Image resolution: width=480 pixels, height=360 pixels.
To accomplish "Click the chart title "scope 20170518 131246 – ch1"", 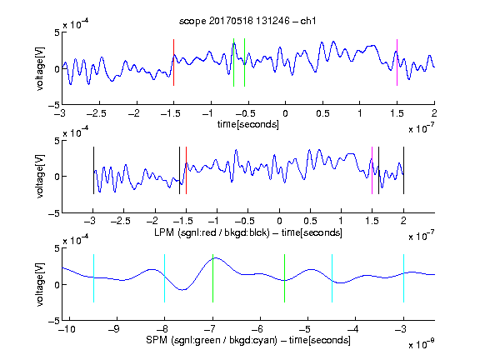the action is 247,21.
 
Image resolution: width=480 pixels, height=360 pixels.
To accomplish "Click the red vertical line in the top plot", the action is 173,62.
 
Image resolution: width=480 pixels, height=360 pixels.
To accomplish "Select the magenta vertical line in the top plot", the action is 397,62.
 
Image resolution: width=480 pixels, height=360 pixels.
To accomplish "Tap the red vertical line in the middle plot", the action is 186,171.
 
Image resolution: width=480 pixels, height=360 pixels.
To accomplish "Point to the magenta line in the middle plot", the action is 372,171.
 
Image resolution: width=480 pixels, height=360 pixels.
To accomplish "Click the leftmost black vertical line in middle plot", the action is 93,171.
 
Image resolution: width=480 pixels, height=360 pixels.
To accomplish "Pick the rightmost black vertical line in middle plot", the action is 403,171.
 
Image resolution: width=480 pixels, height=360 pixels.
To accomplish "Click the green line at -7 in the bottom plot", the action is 212,278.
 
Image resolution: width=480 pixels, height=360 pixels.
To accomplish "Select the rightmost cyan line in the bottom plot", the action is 403,278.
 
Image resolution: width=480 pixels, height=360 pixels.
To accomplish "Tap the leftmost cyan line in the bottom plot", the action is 93,278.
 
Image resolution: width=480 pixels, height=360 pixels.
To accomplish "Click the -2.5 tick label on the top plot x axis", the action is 97,113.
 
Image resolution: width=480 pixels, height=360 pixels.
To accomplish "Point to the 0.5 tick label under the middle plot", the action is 310,221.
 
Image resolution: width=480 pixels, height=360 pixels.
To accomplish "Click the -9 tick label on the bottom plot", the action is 114,329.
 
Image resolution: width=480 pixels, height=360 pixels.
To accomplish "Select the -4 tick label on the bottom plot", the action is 353,329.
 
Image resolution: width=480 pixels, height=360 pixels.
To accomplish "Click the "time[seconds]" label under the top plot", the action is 248,124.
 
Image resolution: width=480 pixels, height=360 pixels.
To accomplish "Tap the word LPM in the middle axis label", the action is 164,232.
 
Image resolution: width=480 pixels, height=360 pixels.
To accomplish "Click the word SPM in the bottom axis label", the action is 157,340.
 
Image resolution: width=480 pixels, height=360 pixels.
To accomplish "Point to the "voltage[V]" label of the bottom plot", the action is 40,284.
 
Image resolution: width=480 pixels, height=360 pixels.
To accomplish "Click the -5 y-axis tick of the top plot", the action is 54,105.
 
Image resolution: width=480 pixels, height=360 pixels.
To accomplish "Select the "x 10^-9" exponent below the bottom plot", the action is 422,344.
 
